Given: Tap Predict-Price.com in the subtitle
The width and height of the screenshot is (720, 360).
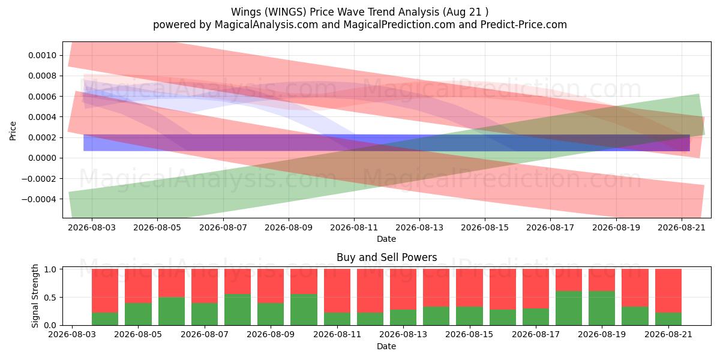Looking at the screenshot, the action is coord(524,25).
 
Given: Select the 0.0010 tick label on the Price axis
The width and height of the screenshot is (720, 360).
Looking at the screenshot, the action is coord(42,55).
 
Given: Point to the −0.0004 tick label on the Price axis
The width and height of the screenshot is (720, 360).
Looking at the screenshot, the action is coord(39,199).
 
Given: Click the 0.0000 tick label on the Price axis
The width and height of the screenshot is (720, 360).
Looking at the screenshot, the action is coord(42,158).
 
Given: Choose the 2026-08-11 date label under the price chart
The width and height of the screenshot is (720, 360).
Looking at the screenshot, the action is coord(354,227).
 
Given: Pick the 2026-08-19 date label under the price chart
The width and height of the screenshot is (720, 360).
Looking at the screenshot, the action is coord(616,227).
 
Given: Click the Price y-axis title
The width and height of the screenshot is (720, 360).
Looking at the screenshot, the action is coord(13,131).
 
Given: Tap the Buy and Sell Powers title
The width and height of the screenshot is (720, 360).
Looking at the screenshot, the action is coord(386,257).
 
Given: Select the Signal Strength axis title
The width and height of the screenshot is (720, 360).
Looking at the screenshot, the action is coord(35,296).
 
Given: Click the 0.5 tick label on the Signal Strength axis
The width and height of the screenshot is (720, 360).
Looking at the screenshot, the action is coord(50,298).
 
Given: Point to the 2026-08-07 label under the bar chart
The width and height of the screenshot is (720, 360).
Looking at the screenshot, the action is coord(205,335).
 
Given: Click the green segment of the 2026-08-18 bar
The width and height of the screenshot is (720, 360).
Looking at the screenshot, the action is coord(569,308).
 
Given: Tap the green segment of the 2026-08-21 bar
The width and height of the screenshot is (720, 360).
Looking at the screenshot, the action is coord(668,319).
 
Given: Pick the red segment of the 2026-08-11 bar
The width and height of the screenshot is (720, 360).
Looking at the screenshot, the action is coord(337,291).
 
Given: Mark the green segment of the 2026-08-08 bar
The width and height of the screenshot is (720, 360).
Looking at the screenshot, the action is coord(238,310).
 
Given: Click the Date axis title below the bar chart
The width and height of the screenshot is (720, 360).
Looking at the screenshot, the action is coord(386,346).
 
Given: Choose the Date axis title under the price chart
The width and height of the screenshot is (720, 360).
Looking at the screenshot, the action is coord(386,239).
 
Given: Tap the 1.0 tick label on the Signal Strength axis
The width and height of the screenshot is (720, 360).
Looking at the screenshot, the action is coord(50,269).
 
